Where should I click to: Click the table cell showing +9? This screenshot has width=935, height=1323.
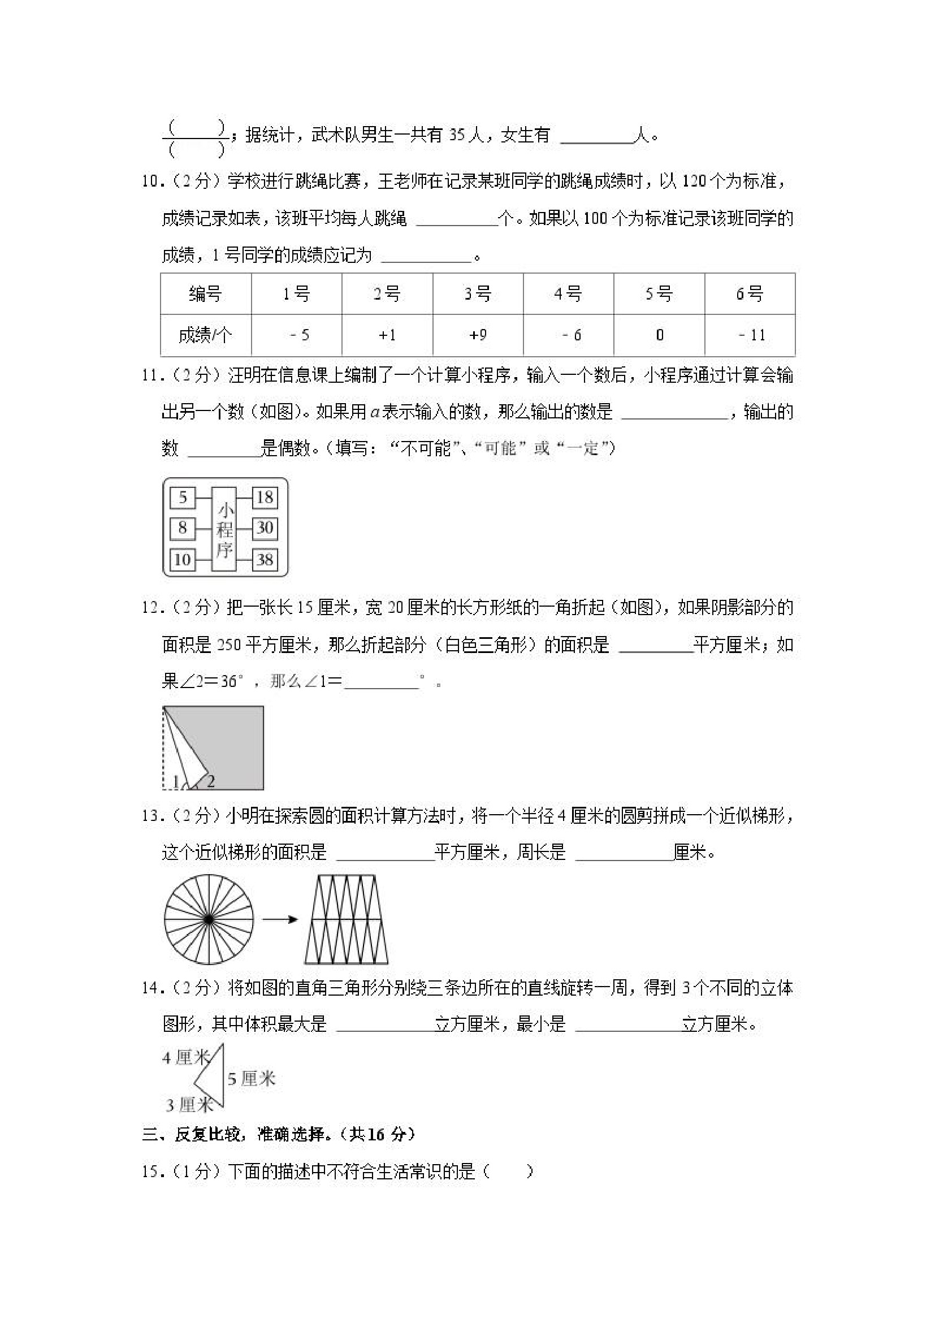point(478,335)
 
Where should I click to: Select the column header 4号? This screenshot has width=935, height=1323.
point(568,294)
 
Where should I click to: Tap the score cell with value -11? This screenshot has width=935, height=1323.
point(750,335)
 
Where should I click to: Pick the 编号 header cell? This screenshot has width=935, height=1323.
point(206,294)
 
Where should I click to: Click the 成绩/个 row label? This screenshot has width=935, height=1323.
point(206,335)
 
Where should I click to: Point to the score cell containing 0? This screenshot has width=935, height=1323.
point(659,335)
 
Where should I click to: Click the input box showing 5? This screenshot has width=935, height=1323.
point(183,498)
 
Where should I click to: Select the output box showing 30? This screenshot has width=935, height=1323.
point(265,528)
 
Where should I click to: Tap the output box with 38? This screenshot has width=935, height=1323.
point(265,559)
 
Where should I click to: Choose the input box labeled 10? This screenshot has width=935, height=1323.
point(183,559)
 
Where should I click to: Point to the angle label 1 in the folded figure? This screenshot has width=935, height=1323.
point(176,782)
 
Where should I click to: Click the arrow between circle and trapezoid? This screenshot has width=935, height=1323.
point(279,919)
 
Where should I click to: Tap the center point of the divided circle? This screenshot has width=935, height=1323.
point(209,919)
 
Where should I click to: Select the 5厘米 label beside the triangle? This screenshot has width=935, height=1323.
point(251,1078)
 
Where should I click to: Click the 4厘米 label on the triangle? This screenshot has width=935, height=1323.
point(185,1057)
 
